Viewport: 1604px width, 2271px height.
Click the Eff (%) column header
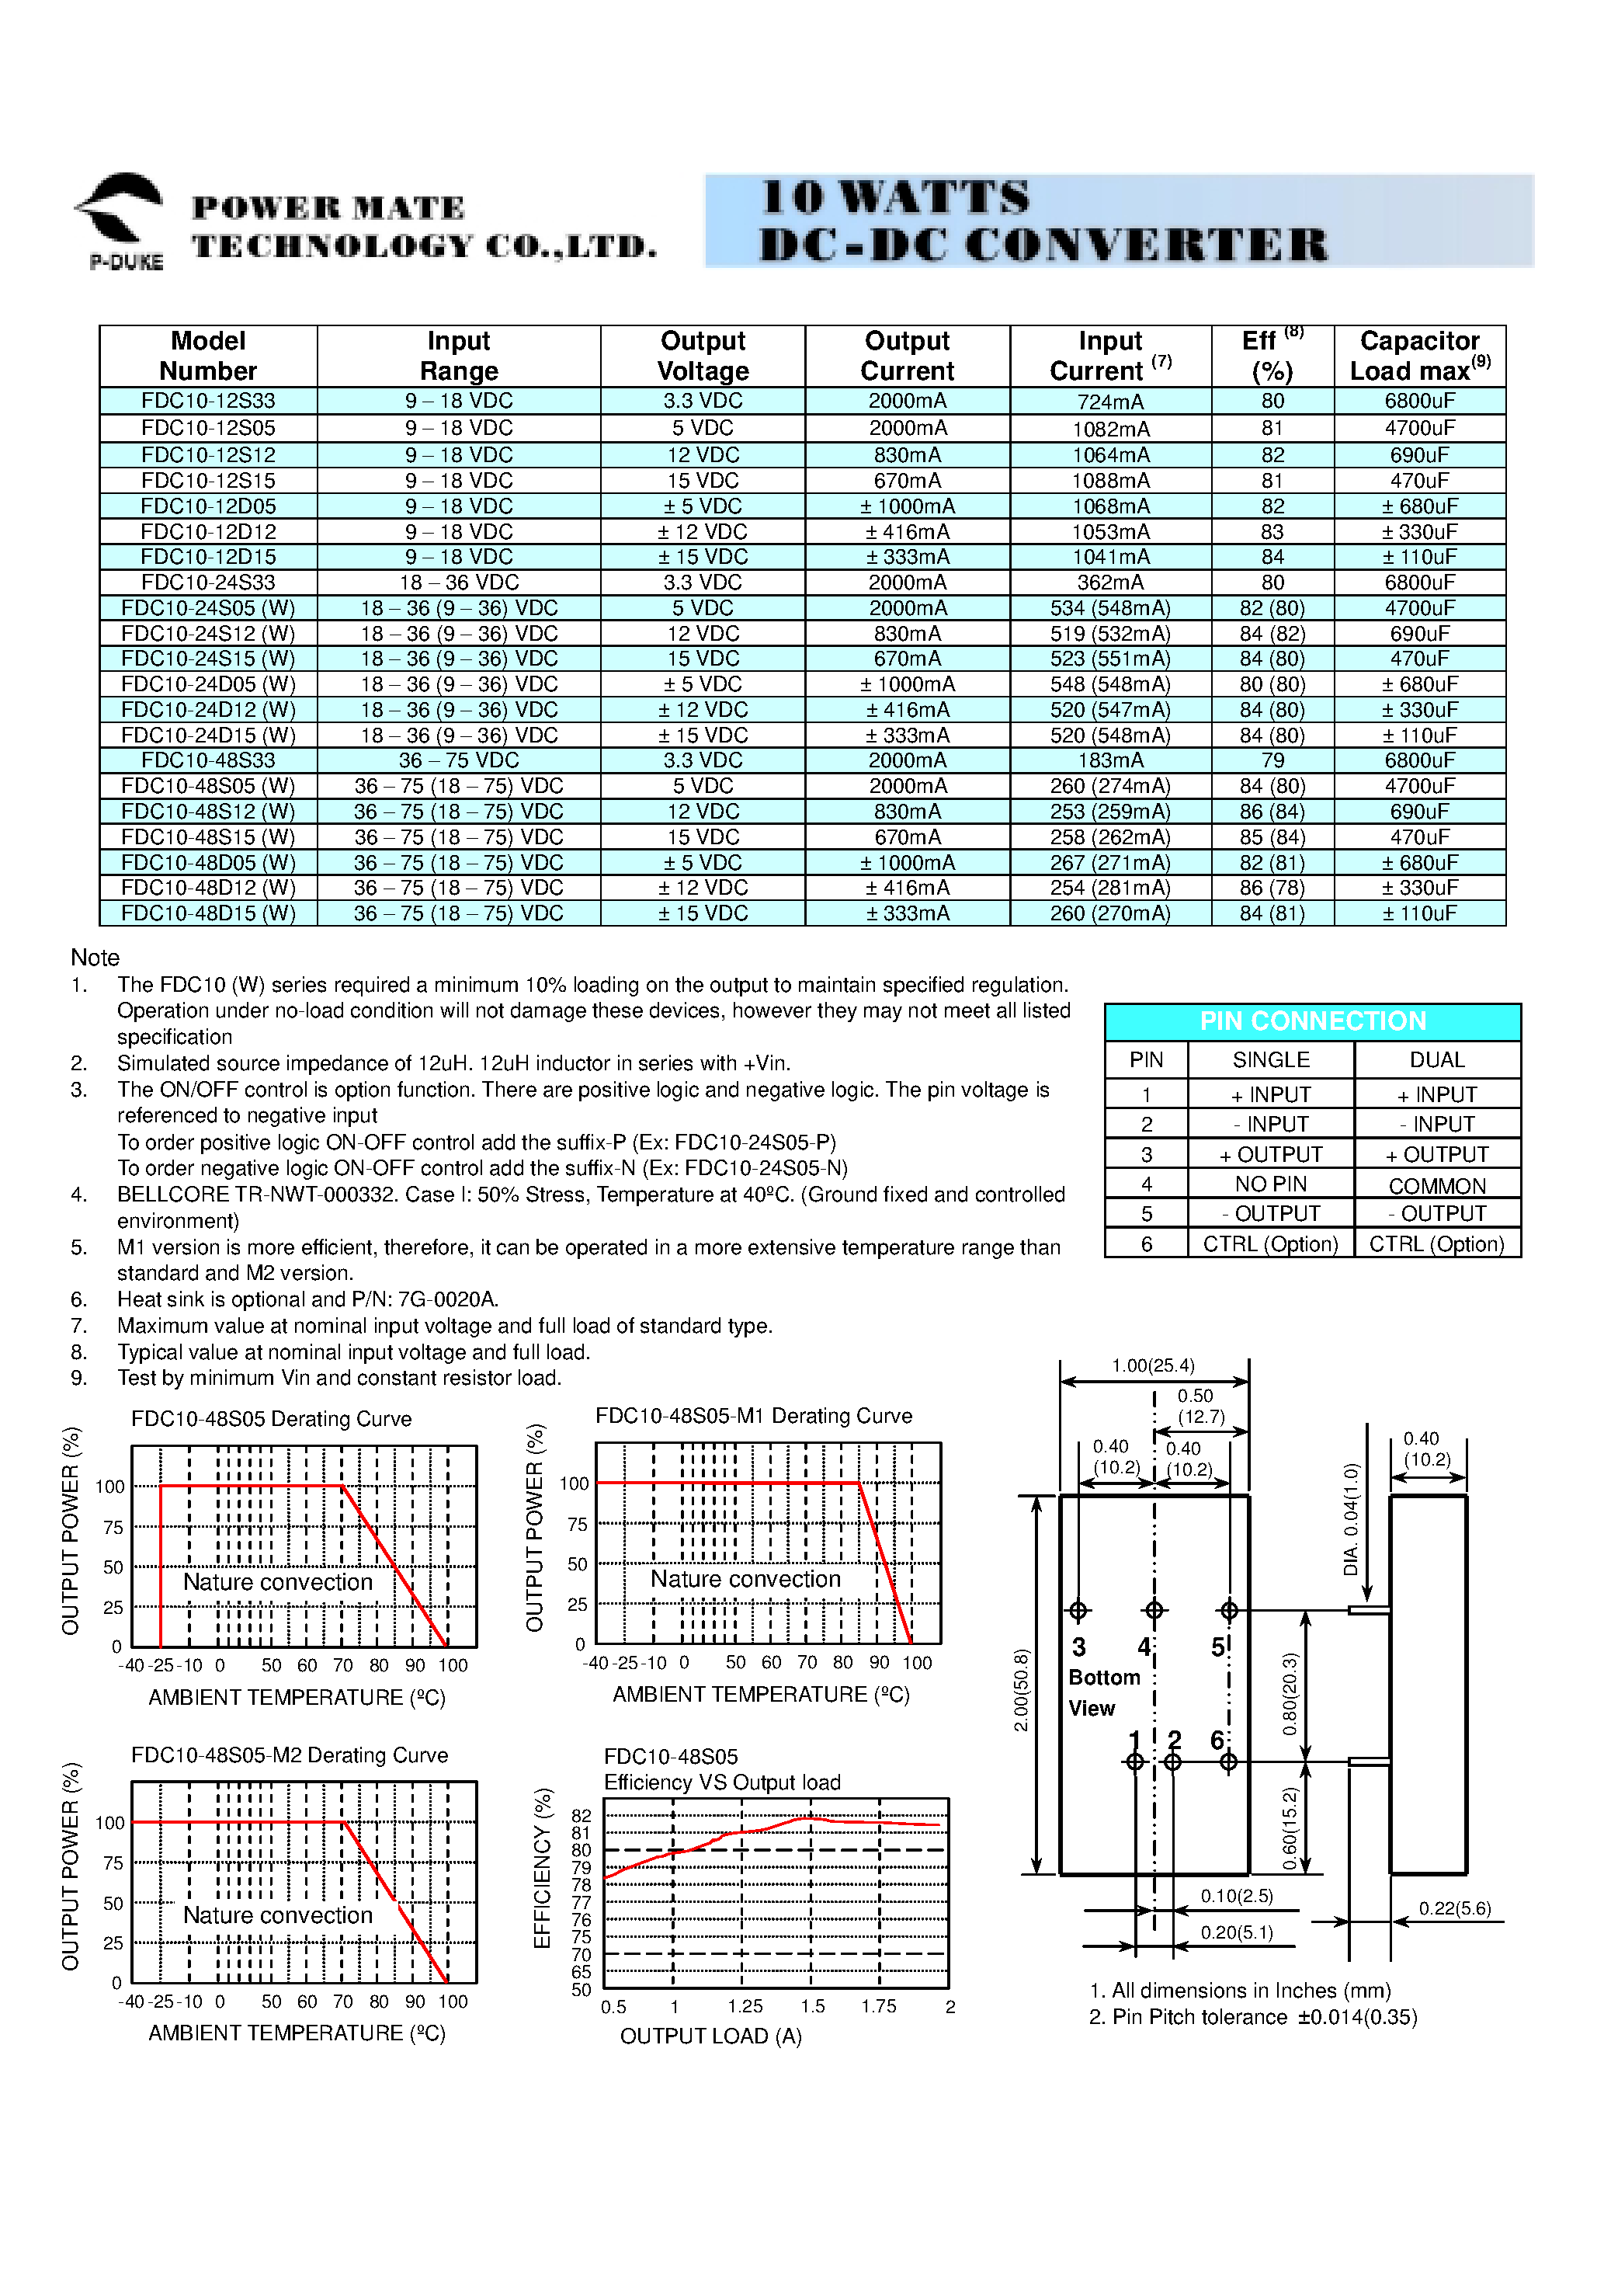point(1272,356)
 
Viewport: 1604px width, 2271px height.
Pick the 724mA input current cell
point(1109,402)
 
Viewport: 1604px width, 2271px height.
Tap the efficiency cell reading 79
point(1272,760)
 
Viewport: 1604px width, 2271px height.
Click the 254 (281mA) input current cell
point(1109,887)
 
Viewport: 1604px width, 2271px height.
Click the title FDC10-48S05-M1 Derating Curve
point(754,1415)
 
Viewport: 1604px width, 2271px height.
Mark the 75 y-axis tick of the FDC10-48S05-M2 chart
point(113,1862)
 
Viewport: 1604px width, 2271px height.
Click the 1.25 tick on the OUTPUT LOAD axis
point(745,2006)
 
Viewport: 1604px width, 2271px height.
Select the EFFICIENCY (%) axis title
point(542,1867)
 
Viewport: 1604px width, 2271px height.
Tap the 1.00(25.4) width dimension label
point(1152,1365)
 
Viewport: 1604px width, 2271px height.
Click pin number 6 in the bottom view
point(1217,1740)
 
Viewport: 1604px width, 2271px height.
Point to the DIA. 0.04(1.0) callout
point(1351,1518)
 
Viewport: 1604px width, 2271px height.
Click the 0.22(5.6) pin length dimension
point(1453,1908)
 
